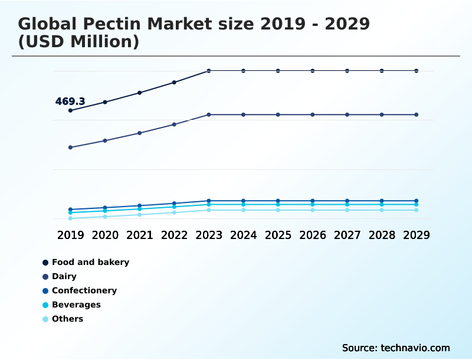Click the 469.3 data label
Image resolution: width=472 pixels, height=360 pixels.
(x=70, y=102)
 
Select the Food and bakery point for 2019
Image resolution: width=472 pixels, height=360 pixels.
(x=70, y=110)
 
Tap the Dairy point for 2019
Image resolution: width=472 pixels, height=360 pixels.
(x=70, y=148)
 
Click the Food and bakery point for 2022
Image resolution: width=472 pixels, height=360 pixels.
(x=174, y=82)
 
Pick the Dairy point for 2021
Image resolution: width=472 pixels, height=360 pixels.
(x=140, y=133)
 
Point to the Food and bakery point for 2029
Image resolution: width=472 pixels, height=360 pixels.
(x=416, y=71)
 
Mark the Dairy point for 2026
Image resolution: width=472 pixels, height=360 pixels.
(x=313, y=114)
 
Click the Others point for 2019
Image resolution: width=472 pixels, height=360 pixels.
(x=70, y=218)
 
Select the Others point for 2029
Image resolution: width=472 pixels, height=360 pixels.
(x=416, y=210)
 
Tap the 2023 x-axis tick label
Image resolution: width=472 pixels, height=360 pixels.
(x=209, y=235)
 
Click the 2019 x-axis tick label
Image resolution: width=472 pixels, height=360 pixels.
(x=70, y=235)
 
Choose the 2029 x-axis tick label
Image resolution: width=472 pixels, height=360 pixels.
(x=416, y=235)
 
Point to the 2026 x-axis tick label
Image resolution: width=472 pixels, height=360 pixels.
(x=313, y=235)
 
